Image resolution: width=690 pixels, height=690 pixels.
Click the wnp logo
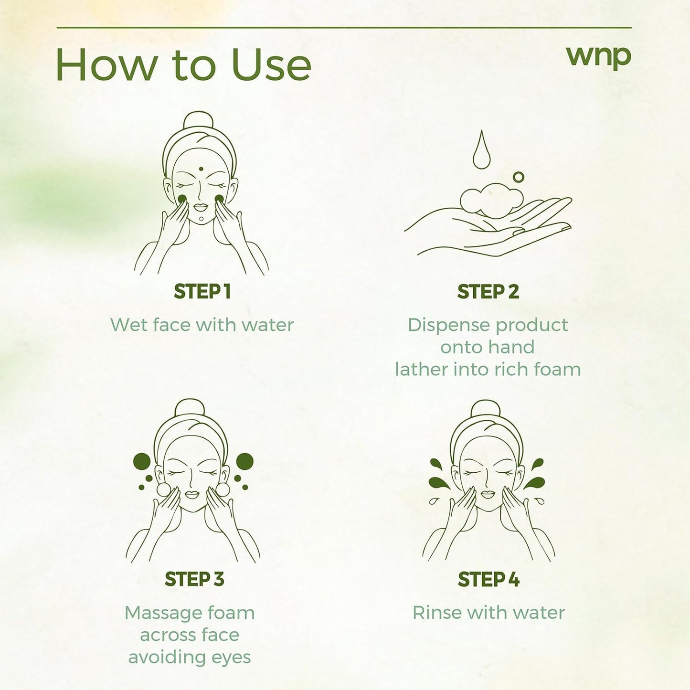tap(598, 58)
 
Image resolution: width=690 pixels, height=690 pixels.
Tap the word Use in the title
tap(271, 65)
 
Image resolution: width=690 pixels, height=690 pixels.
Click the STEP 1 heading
tap(202, 291)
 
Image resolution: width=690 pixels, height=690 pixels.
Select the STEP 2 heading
tap(488, 291)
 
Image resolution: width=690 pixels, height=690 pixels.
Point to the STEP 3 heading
tap(194, 579)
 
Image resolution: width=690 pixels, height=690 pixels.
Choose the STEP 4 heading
tap(488, 579)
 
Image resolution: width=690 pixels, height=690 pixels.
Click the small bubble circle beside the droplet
tap(518, 177)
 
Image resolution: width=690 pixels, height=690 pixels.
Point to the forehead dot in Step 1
tap(201, 169)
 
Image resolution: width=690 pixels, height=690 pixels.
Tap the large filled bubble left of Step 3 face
tap(141, 461)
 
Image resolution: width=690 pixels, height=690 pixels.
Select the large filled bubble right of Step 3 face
tap(245, 461)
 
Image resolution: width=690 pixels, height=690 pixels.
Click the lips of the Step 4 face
tap(488, 494)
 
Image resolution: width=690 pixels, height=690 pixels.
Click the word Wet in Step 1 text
tap(129, 325)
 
